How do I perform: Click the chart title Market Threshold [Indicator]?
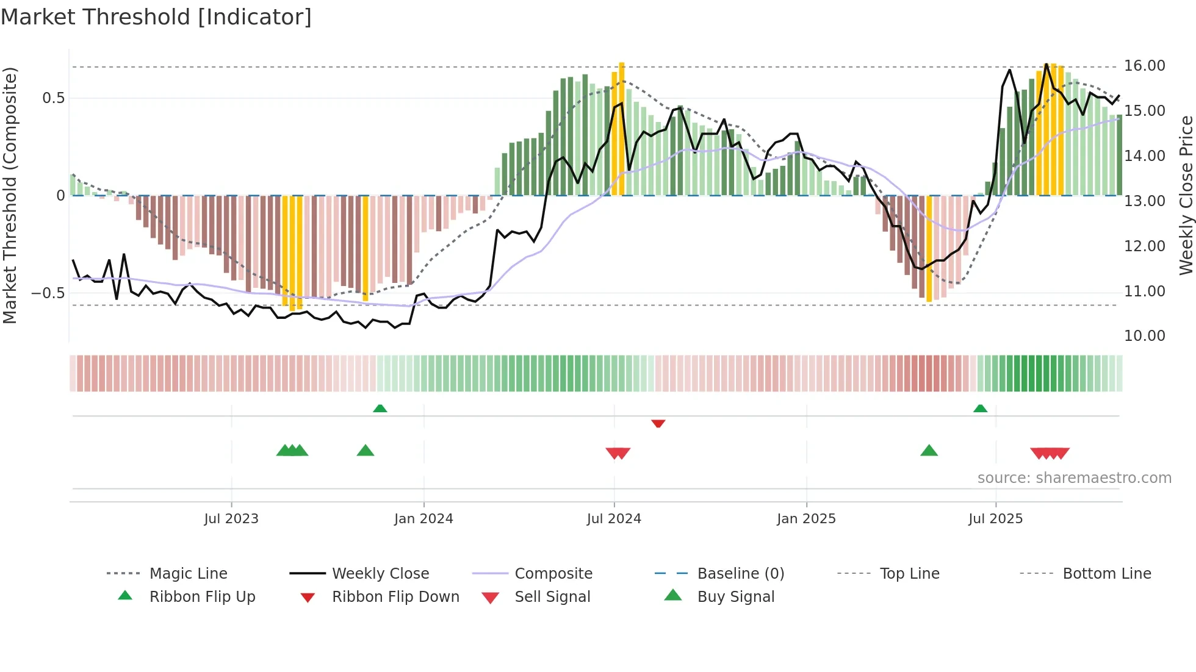156,17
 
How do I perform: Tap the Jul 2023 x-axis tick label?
231,519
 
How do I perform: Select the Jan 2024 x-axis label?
423,519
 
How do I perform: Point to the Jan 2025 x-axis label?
806,519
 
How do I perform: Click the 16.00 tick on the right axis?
1144,66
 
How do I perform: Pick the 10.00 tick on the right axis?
1144,336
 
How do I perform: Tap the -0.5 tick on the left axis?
48,293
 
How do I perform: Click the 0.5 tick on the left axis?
53,98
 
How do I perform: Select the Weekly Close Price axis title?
1186,195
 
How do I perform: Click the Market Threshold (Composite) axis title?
10,195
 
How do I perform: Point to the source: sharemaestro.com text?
1074,478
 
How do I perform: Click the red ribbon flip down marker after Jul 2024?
658,423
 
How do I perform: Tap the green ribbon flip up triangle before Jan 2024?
380,408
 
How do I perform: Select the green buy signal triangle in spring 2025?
929,451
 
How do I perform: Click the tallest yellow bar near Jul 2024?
622,128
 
